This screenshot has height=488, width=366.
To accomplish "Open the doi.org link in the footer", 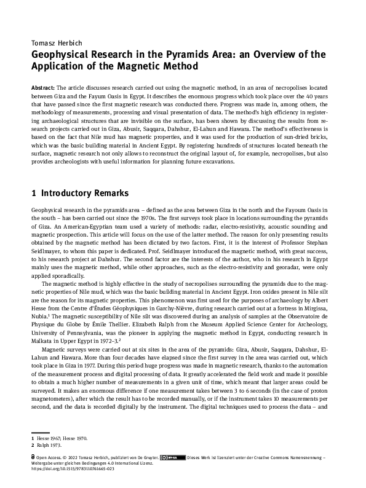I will (72, 469).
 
